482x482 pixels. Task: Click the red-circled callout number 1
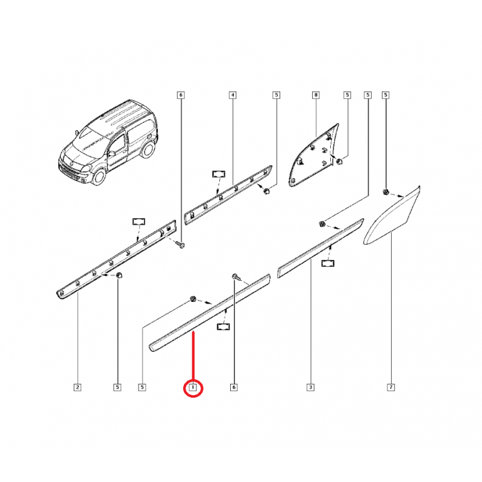(x=193, y=387)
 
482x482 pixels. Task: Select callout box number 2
(x=78, y=387)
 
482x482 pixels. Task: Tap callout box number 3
(x=310, y=387)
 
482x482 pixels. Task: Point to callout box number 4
(x=233, y=95)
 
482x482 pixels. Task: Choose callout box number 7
(x=391, y=387)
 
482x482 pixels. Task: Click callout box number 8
(x=316, y=95)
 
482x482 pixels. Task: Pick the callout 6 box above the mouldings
(x=181, y=95)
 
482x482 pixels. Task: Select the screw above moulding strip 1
(x=235, y=277)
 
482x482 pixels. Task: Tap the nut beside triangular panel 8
(x=340, y=161)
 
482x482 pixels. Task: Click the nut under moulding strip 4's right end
(x=266, y=191)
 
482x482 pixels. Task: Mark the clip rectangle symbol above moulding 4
(x=219, y=174)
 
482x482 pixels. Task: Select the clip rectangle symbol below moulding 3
(x=328, y=263)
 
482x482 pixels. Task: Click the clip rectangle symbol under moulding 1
(x=224, y=327)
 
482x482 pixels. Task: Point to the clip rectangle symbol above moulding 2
(x=139, y=221)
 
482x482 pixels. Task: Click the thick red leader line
(x=193, y=357)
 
